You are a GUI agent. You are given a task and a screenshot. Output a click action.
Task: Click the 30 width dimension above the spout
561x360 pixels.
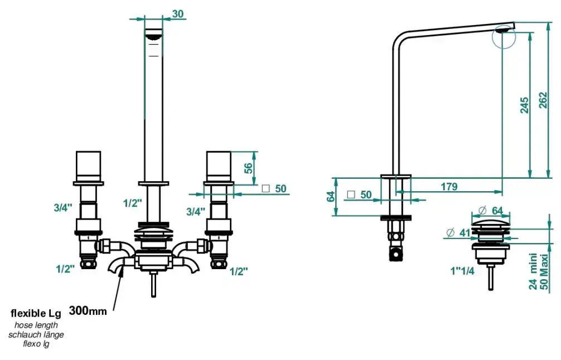point(178,13)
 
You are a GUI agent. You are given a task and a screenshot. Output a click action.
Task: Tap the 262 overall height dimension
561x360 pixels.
point(543,100)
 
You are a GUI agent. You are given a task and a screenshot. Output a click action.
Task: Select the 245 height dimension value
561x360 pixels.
point(524,105)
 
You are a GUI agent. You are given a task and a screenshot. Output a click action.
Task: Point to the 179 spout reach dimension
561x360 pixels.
point(449,187)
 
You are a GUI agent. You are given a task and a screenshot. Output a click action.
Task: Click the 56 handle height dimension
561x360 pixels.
point(248,168)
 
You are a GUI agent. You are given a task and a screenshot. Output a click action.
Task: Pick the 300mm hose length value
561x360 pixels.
point(88,310)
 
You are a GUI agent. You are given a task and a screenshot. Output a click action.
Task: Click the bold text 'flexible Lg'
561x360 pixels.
point(36,314)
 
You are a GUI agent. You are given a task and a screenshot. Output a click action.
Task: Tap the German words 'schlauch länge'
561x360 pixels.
point(36,335)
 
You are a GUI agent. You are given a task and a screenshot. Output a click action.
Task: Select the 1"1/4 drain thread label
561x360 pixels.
point(462,271)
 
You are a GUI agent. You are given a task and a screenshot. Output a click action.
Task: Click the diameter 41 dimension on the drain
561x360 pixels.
point(458,233)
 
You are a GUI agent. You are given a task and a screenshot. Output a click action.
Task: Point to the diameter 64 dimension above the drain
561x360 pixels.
point(491,211)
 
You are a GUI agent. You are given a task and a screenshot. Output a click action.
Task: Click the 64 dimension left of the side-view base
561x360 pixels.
point(331,196)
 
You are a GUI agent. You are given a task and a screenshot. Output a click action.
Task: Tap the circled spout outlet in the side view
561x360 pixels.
point(504,36)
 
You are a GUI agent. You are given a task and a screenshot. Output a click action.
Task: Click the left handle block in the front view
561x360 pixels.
point(88,167)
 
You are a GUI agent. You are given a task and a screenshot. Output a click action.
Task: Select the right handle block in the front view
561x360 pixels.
point(219,167)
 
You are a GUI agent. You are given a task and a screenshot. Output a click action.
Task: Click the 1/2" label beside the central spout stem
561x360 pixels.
point(132,203)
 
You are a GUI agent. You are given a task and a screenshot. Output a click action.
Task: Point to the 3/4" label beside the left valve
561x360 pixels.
point(63,207)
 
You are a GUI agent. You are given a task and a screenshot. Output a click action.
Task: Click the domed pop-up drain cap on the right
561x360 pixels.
point(491,225)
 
